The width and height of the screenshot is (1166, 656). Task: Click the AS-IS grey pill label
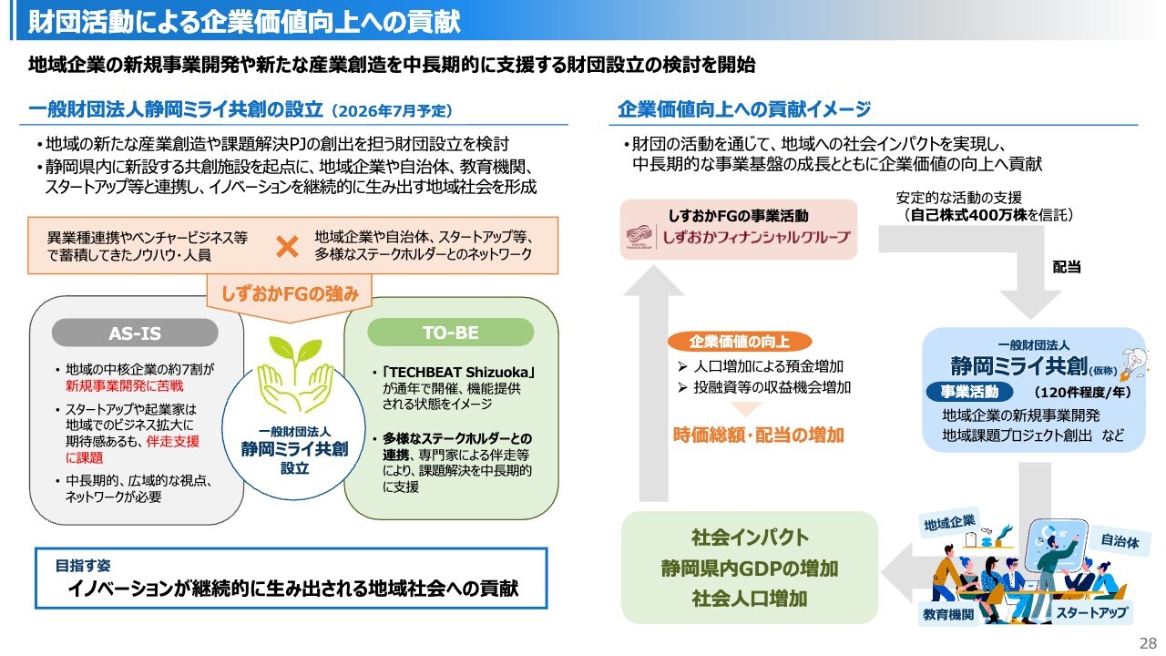(x=135, y=333)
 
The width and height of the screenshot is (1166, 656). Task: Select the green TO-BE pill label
(x=450, y=332)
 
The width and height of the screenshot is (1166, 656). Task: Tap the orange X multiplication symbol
(x=288, y=246)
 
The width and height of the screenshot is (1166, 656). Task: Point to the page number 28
(x=1147, y=643)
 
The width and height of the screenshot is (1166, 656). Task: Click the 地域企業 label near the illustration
(x=949, y=523)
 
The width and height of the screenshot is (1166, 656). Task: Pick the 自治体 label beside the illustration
(x=1120, y=540)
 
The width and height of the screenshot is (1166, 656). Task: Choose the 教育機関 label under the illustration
(x=947, y=615)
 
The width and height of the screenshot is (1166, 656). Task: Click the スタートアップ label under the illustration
(x=1091, y=613)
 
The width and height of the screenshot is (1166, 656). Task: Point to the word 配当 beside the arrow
(x=1066, y=268)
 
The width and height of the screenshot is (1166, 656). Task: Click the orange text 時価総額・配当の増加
(x=758, y=436)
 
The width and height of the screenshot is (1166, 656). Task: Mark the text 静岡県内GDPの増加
(x=749, y=569)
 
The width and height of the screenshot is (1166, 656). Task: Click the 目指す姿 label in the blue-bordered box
(x=81, y=565)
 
